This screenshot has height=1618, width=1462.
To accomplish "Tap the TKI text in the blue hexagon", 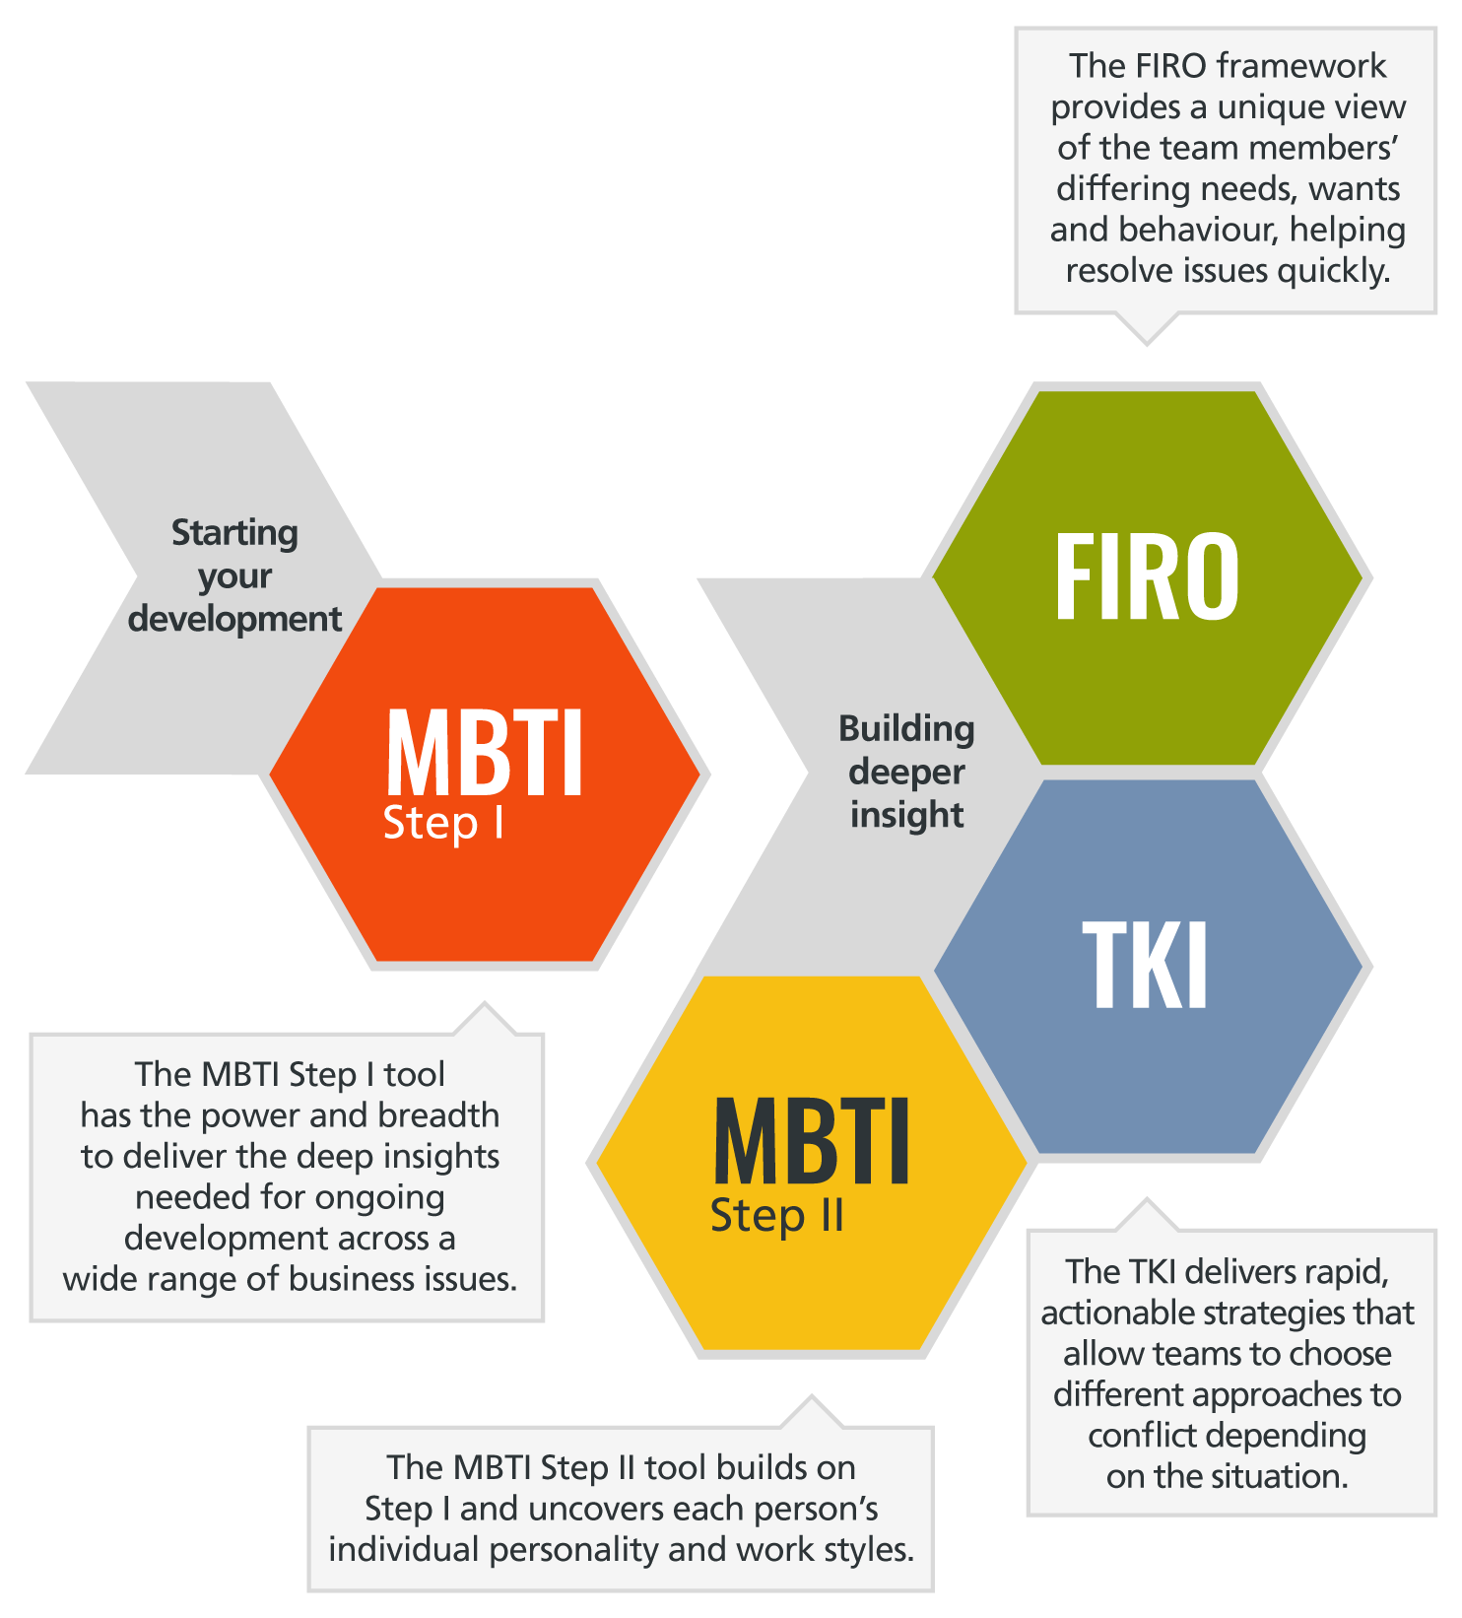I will (x=1145, y=966).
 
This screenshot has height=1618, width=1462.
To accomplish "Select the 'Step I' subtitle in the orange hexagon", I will (x=443, y=824).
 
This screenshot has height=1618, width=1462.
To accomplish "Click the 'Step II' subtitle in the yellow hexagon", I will (x=777, y=1216).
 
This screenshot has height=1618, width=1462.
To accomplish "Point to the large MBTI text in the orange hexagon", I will (x=485, y=753).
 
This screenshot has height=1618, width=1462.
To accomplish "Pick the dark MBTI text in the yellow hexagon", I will (x=812, y=1143).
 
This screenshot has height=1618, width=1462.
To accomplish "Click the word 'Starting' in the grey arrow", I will (x=234, y=533).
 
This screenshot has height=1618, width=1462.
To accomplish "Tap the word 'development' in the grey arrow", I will (x=234, y=619).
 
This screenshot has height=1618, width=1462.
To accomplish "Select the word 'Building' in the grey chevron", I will (x=906, y=729).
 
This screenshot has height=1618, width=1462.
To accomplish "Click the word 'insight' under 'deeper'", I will (x=906, y=815).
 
